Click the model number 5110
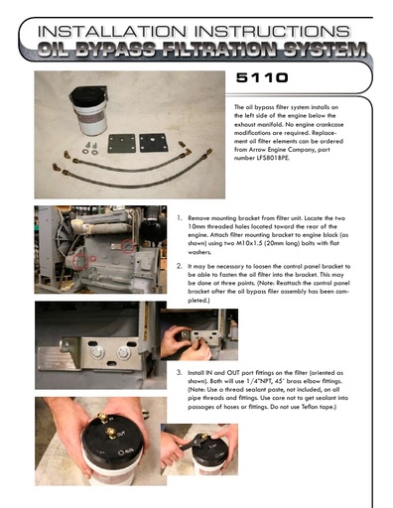262,77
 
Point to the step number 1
179,218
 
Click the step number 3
179,372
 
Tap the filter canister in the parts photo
89,110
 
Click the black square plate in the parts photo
153,143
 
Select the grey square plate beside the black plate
122,143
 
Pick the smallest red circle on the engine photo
93,258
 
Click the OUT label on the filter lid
121,434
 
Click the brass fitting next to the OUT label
111,433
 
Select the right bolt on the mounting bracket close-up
123,352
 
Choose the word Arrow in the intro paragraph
261,150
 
